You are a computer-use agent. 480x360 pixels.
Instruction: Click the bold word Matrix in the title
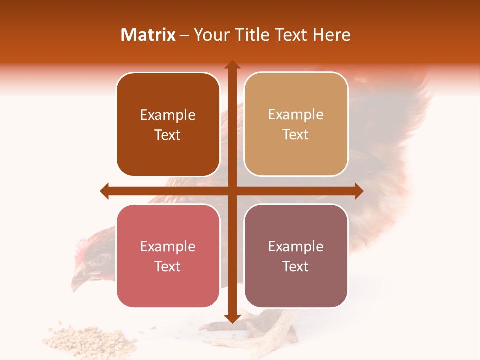click(x=148, y=35)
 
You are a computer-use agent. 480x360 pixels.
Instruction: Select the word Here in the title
click(x=331, y=35)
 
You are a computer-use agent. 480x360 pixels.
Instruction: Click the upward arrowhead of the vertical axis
click(x=232, y=65)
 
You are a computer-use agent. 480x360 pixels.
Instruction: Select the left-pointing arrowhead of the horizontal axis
click(x=105, y=191)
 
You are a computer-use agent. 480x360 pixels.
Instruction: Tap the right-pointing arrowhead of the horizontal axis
click(x=358, y=191)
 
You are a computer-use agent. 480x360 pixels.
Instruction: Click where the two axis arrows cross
click(x=232, y=191)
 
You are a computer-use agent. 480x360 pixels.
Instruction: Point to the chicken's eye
click(x=101, y=259)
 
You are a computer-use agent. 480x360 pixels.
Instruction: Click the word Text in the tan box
click(x=296, y=135)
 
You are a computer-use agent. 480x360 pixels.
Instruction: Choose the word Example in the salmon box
click(x=168, y=246)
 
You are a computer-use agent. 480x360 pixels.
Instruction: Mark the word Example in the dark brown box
click(x=168, y=115)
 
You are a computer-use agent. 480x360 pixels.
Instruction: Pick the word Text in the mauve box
click(x=296, y=266)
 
